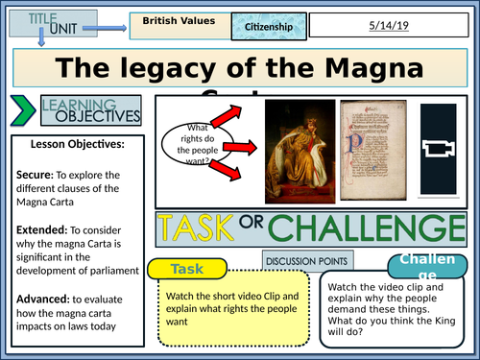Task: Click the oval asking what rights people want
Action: click(x=200, y=141)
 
